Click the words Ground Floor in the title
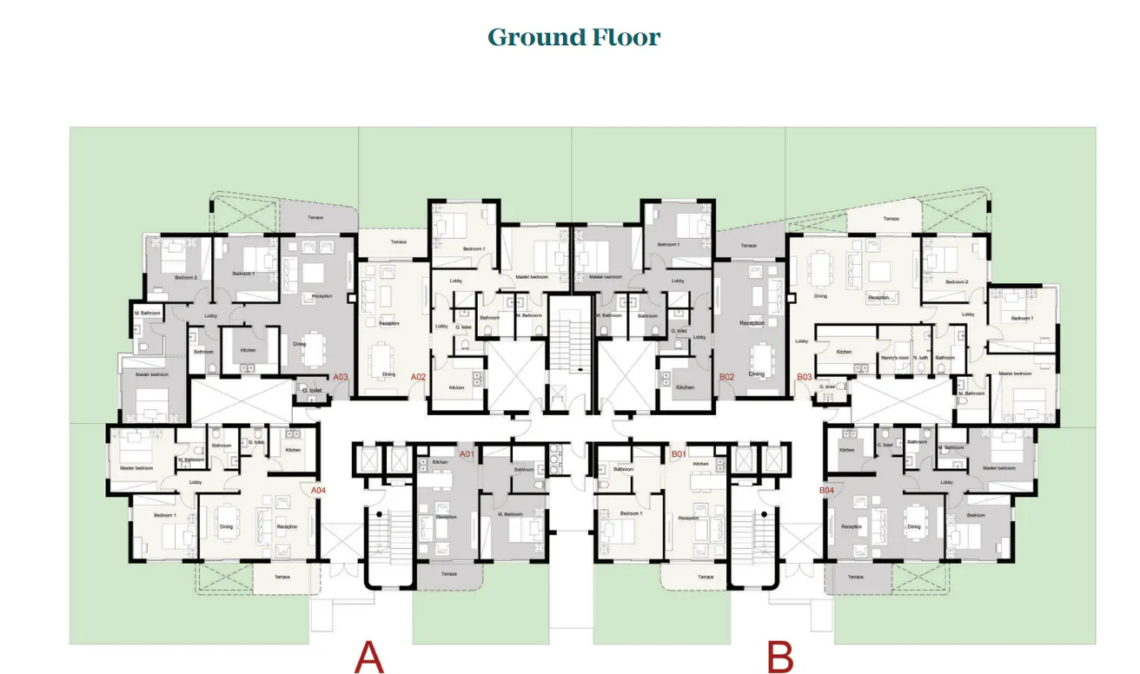coord(573,37)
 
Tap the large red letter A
coord(368,657)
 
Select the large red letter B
coord(780,657)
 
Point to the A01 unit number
coord(467,454)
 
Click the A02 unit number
coord(418,377)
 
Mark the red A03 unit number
coord(341,377)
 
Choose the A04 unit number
coord(318,491)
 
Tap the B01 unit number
coord(679,454)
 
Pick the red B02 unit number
coord(727,377)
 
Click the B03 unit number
coord(804,377)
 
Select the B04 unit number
coord(826,491)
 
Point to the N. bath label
coord(921,358)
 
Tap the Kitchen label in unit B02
coord(685,387)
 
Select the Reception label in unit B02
coord(752,323)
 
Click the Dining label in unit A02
coord(388,374)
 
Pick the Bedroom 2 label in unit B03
coord(957,282)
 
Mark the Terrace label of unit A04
coord(282,577)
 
